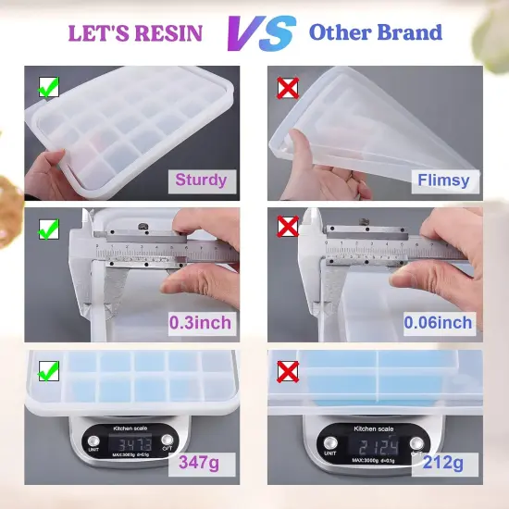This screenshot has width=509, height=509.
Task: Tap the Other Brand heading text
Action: coord(375,33)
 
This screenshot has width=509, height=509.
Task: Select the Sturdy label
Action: coord(201,180)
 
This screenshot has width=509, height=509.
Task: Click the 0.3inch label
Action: coord(200,323)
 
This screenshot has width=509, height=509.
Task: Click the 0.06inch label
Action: coord(439,323)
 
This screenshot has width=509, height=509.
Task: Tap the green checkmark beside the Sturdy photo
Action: coord(47,89)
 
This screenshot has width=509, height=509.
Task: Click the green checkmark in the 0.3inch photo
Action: coord(47,228)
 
